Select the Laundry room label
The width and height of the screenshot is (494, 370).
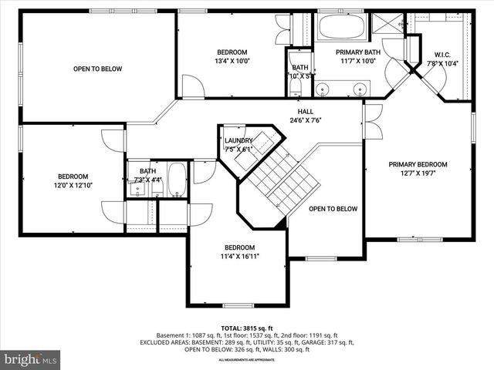(x=239, y=140)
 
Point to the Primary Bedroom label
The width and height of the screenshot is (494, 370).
(x=418, y=164)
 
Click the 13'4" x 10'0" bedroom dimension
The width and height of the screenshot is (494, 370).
(x=232, y=61)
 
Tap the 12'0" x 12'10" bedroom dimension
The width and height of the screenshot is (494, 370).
(x=73, y=186)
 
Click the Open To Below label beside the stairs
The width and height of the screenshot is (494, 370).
(x=333, y=209)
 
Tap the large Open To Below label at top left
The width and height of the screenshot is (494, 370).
(x=97, y=69)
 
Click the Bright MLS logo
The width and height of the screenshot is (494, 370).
(x=31, y=359)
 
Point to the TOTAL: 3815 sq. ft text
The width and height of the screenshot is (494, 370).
(x=246, y=327)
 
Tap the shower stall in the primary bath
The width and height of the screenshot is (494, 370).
(x=387, y=22)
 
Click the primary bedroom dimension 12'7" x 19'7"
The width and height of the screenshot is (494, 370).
(x=418, y=173)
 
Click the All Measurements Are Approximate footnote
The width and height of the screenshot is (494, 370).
(x=246, y=360)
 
